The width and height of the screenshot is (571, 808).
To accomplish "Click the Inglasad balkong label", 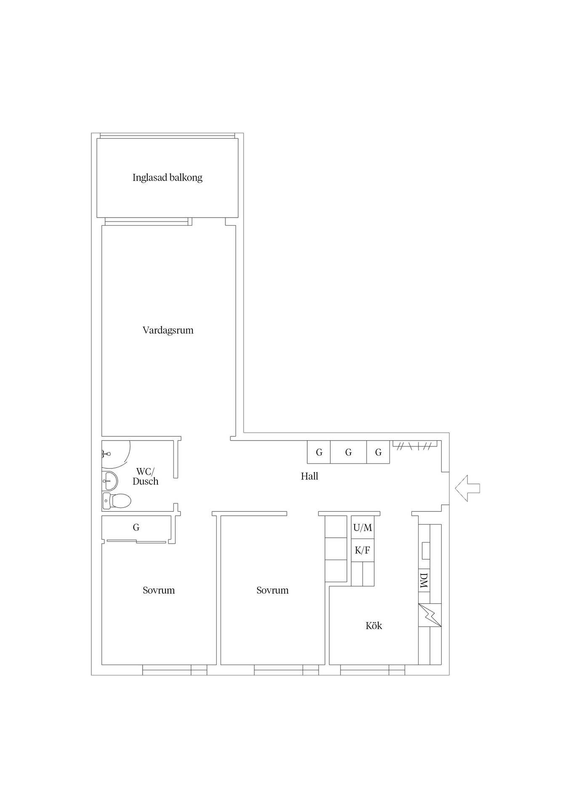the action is tap(167, 178).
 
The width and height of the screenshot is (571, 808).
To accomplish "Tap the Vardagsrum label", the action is tap(168, 330).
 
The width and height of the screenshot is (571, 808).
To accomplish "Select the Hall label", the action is tap(309, 476).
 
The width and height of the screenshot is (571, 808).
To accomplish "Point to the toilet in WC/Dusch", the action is tap(117, 501).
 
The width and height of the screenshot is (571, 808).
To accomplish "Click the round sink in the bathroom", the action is tap(110, 481).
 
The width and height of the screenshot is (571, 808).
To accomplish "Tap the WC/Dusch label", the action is tap(146, 476).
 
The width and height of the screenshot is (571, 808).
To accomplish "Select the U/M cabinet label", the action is tap(363, 527).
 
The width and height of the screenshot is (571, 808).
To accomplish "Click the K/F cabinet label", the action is tap(363, 550).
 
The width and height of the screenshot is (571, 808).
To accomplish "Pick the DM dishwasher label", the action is tap(424, 581).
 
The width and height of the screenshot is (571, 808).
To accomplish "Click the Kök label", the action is tap(374, 626).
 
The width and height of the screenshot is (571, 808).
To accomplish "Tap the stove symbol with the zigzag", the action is tap(430, 615).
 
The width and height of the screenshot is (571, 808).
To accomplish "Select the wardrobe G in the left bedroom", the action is tap(136, 528).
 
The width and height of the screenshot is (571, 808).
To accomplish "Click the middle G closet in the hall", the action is tap(348, 452).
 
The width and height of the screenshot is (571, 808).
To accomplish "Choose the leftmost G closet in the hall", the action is tap(319, 452).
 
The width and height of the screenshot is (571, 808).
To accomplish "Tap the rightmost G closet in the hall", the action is tap(378, 452).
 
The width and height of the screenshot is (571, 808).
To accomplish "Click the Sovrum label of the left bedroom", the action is tap(159, 590).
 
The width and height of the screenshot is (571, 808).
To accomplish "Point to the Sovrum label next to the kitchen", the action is tap(273, 590).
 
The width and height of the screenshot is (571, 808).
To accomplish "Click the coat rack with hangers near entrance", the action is tap(415, 445).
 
